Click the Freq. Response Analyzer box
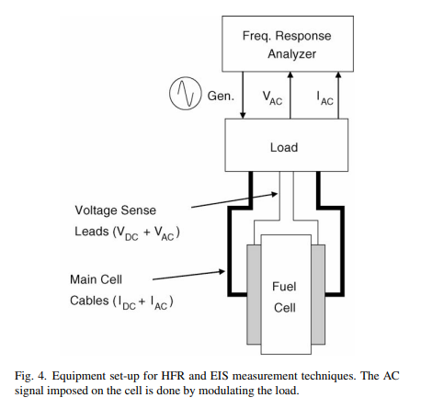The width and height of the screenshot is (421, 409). point(288,44)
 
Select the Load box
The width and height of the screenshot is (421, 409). point(287,145)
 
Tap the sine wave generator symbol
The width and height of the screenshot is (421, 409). point(186,94)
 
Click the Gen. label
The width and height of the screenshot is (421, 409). point(221,96)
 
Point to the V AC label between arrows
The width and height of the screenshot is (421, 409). point(272,97)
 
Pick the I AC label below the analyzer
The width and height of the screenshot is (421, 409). point(324,98)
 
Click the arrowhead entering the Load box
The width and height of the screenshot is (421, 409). point(243,115)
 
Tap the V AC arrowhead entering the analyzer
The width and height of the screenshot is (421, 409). point(290,75)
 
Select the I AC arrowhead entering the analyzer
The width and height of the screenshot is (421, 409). point(338,75)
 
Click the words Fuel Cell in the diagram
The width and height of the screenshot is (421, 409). point(284,297)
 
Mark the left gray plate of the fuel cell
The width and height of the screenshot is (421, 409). point(254,294)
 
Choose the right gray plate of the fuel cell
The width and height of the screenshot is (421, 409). point(318,294)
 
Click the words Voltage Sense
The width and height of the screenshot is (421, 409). point(116,210)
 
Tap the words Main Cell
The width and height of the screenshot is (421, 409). point(96,279)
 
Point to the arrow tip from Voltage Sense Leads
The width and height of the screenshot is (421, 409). point(277,193)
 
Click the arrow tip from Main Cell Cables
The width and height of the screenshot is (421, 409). point(224,271)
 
